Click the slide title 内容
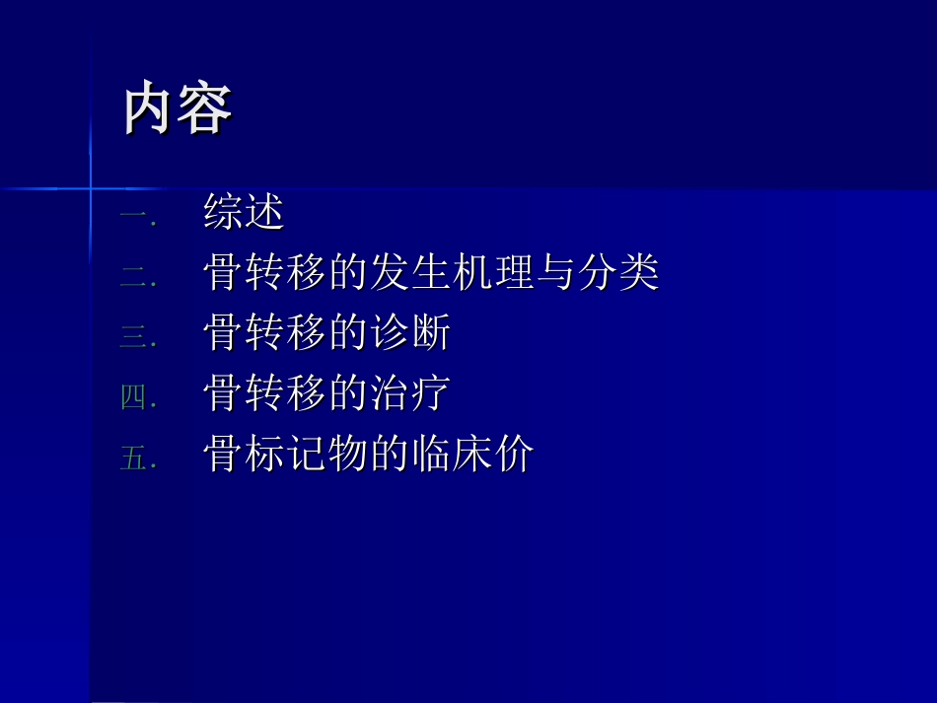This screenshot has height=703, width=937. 178,108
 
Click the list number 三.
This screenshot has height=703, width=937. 135,337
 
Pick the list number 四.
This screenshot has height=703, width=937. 135,398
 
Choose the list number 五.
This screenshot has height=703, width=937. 135,459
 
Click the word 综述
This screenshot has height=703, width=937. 244,213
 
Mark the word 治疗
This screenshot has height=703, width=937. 410,394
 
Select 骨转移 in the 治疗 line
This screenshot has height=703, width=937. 264,394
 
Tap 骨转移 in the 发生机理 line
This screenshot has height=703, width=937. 264,273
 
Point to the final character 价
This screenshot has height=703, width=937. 514,455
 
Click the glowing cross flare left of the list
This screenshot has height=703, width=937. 90,187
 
